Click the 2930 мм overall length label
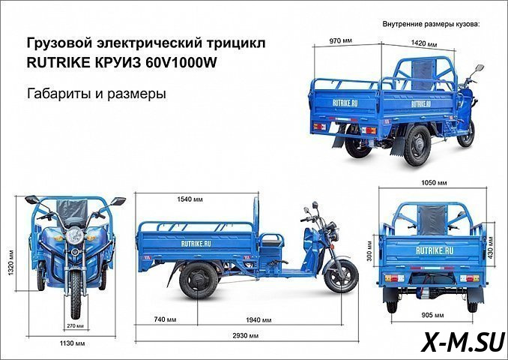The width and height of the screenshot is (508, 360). [x=245, y=336]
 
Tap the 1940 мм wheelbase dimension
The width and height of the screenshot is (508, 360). [x=258, y=320]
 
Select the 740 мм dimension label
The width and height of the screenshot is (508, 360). [x=165, y=319]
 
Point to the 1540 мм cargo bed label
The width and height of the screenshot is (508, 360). [x=190, y=199]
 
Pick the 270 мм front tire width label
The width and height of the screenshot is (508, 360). [x=75, y=325]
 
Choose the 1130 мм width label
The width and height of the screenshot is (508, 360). [x=72, y=343]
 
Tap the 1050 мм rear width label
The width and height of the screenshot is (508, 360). [x=434, y=183]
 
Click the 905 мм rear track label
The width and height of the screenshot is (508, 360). [x=432, y=315]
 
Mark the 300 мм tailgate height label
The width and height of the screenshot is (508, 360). [x=371, y=251]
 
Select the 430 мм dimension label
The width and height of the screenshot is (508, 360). [x=491, y=248]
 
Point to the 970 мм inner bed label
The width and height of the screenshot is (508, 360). [x=340, y=40]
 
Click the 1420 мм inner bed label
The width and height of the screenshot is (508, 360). [x=424, y=43]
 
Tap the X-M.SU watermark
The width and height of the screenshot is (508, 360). [x=463, y=343]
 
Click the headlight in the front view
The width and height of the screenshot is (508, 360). [x=75, y=235]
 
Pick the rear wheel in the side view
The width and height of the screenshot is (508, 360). [x=199, y=280]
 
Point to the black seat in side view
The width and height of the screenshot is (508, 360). [x=270, y=241]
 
